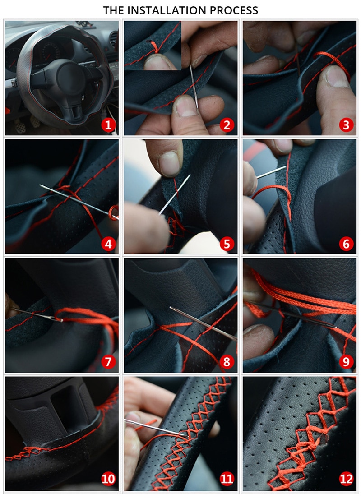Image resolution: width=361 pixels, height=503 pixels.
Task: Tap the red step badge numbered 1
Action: click(108, 125)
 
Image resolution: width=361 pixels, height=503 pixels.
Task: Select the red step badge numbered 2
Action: click(227, 125)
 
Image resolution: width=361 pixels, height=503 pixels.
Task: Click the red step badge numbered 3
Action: click(346, 125)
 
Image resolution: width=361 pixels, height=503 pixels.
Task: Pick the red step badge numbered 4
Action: click(108, 244)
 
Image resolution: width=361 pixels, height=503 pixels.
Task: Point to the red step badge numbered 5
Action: click(227, 244)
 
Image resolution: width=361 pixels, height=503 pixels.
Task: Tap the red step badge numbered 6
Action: click(346, 244)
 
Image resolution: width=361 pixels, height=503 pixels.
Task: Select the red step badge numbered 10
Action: click(108, 479)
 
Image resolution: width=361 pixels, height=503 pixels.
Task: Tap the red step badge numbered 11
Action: click(227, 479)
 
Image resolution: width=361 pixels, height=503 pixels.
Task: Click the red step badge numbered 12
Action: click(346, 479)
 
